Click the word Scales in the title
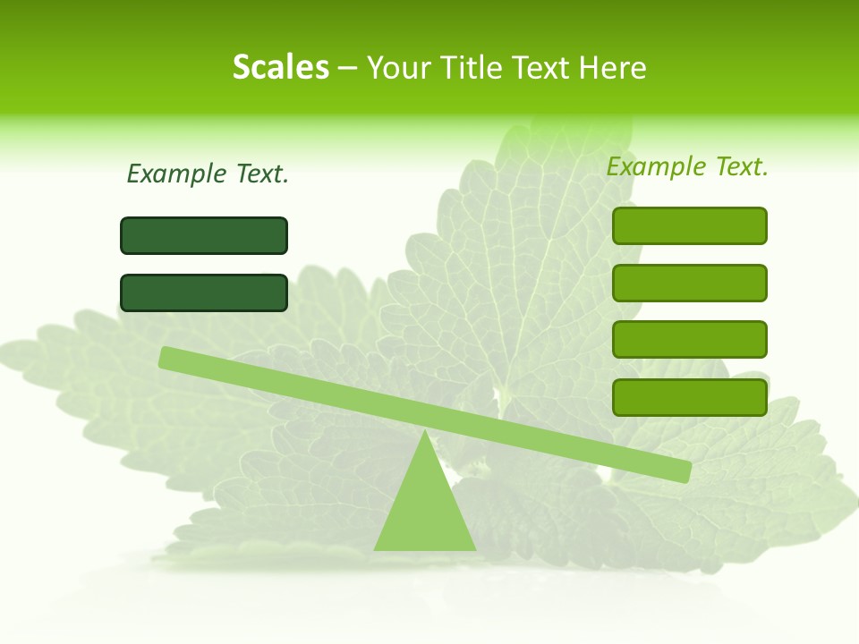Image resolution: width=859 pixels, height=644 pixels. pos(280,67)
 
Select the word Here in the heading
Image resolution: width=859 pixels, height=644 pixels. pos(612,67)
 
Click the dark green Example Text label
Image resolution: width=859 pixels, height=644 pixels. pos(208,174)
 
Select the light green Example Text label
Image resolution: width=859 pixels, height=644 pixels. pos(687,166)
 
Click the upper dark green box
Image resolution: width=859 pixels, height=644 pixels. pos(204,235)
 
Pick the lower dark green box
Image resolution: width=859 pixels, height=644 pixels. pos(204,292)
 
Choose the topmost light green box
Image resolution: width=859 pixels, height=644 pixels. pos(689,225)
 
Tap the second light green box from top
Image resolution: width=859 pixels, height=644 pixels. pos(689,283)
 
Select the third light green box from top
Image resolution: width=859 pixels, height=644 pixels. pos(689,339)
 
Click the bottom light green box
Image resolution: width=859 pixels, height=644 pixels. pos(689,396)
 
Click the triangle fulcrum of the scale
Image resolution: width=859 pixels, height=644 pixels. pos(425,510)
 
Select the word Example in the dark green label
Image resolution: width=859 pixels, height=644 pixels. pos(176,174)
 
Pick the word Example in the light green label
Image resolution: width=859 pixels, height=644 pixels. pos(656,166)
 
